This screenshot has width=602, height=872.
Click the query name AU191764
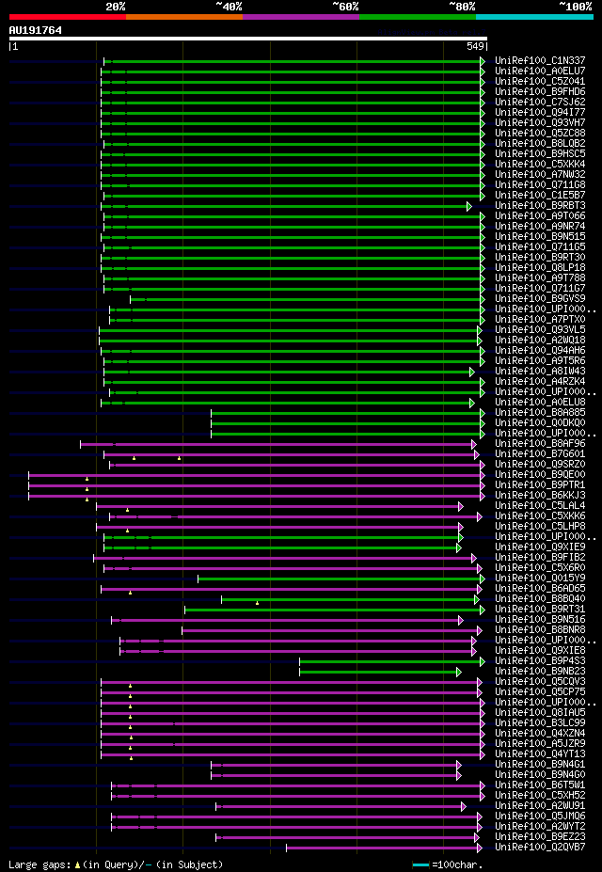(36, 30)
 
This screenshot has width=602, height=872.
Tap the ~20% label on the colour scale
(115, 6)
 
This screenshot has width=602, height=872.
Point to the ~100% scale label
(575, 6)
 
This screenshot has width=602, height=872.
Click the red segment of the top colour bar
(67, 16)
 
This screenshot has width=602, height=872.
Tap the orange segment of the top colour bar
(183, 16)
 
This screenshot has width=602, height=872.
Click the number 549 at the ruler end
(475, 46)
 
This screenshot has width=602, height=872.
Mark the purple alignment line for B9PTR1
(254, 484)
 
